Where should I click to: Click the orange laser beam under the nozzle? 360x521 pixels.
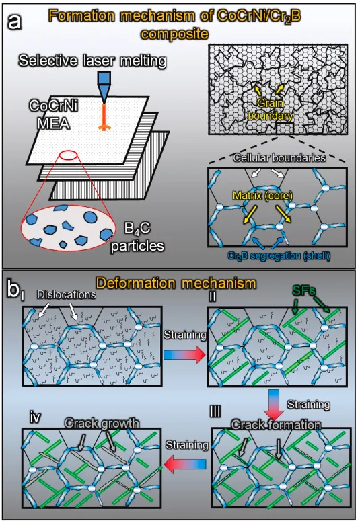click(104, 117)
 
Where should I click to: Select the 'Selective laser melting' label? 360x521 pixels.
click(92, 61)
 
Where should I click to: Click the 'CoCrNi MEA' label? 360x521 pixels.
click(53, 115)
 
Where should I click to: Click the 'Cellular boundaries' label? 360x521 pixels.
click(279, 157)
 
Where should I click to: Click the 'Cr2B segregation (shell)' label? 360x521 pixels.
click(279, 256)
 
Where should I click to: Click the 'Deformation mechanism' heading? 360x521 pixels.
click(177, 283)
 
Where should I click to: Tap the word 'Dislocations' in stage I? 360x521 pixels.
click(67, 294)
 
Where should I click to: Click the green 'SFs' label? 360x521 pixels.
click(303, 291)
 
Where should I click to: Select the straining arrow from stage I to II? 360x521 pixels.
click(185, 355)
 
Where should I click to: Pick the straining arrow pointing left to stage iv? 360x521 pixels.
click(185, 464)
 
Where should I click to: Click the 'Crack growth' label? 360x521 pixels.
click(102, 423)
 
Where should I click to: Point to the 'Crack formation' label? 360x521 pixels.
click(276, 425)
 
